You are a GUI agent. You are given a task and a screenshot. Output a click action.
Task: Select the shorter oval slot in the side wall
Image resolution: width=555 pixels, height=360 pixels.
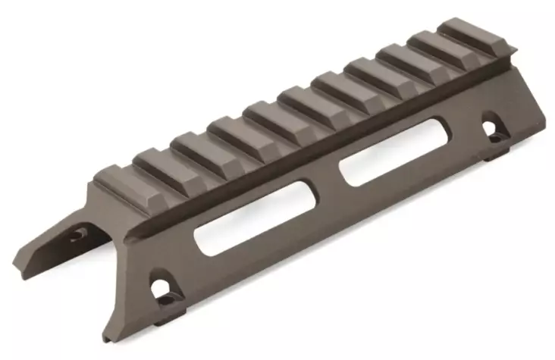coord(388,164)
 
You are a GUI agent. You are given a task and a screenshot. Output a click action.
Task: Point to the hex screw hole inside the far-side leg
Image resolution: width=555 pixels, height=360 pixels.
coord(78,235)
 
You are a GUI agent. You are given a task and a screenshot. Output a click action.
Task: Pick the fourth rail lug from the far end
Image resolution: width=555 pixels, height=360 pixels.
coord(369,76)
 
